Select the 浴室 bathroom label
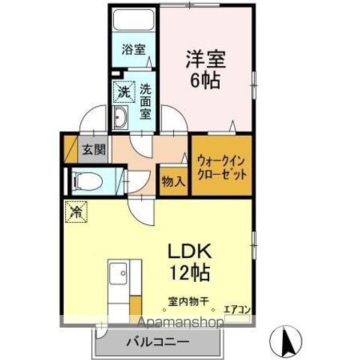134,51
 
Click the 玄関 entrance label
93,148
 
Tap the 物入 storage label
172,181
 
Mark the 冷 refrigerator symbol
76,212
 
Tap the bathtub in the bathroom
133,22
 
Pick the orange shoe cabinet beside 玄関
70,149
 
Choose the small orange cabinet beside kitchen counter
136,307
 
